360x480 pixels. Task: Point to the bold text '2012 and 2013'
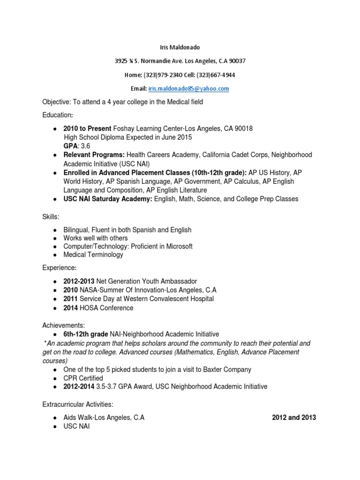[x=294, y=418]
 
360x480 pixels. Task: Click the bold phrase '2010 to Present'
[x=88, y=129]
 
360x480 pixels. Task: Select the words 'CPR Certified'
[x=83, y=378]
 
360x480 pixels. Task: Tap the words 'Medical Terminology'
[x=93, y=255]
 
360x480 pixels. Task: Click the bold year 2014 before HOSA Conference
[x=71, y=308]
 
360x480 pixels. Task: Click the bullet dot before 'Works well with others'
[x=55, y=238]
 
